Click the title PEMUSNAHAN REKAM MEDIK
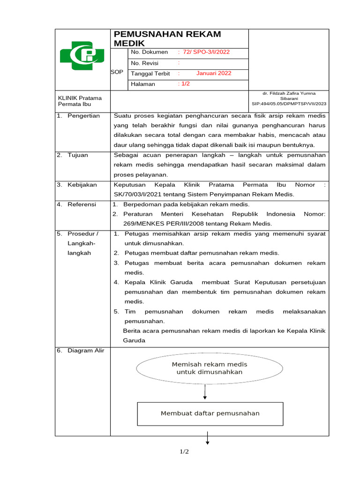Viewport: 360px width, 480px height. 167,38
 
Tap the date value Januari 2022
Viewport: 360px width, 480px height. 214,74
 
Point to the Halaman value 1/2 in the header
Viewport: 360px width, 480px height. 184,84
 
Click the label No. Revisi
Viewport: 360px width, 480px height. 145,63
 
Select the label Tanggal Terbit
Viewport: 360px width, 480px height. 150,74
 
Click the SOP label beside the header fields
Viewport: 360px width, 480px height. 117,72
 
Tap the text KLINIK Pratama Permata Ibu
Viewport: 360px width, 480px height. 80,101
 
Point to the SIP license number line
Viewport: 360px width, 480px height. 289,104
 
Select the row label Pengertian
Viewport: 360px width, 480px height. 83,116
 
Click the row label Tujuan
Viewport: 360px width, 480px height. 78,155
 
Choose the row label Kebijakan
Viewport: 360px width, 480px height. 82,185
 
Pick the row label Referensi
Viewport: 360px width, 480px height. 82,204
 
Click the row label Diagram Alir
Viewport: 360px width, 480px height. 85,351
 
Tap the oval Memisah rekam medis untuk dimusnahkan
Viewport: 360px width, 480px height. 210,368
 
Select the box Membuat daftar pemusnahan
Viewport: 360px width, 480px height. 210,413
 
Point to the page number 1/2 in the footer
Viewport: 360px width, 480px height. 184,452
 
